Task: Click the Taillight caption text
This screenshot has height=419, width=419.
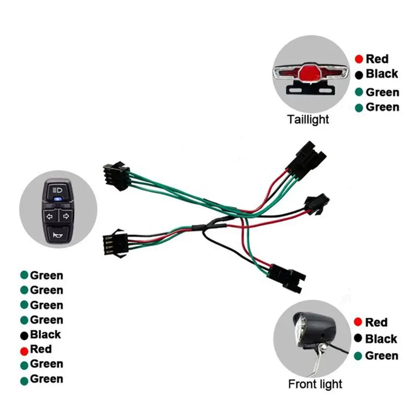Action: click(308, 119)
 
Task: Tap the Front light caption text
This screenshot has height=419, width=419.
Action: click(315, 384)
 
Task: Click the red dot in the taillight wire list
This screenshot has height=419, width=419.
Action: click(359, 59)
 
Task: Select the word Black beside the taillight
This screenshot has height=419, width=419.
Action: click(382, 74)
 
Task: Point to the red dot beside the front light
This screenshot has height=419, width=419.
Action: click(358, 322)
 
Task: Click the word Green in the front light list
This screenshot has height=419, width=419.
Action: click(382, 356)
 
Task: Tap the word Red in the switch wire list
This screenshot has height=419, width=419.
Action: click(41, 349)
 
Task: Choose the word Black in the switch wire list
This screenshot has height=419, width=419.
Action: click(46, 334)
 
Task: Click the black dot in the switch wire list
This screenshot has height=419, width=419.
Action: click(24, 335)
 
